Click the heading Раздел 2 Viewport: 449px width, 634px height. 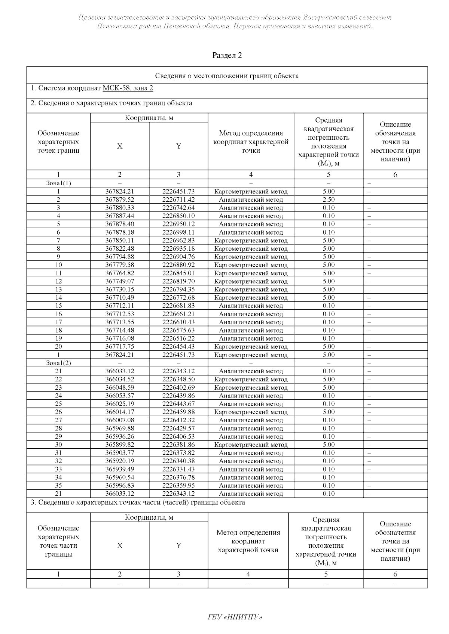[227, 56]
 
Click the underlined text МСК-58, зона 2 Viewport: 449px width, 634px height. [128, 88]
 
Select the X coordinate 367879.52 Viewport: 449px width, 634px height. [120, 200]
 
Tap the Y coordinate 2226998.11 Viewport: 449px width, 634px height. [178, 232]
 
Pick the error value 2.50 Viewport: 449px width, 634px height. [329, 200]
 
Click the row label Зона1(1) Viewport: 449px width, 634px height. [58, 183]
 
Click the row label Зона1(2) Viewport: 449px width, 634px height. [58, 363]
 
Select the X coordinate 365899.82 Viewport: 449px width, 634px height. [120, 445]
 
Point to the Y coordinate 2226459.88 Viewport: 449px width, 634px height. [178, 412]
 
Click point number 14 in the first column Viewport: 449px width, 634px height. [58, 298]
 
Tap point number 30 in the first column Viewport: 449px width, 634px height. [58, 445]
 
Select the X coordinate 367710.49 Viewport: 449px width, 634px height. [120, 298]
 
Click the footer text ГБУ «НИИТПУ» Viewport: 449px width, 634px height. [235, 616]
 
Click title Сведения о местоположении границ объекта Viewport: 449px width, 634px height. [227, 76]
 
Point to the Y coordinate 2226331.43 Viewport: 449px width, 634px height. [178, 469]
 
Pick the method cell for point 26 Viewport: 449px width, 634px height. [251, 412]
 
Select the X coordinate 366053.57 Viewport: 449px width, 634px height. [120, 396]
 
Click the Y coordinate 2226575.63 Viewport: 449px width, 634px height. [178, 330]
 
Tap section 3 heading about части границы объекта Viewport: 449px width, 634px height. [138, 502]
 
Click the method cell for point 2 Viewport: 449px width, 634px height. [251, 200]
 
